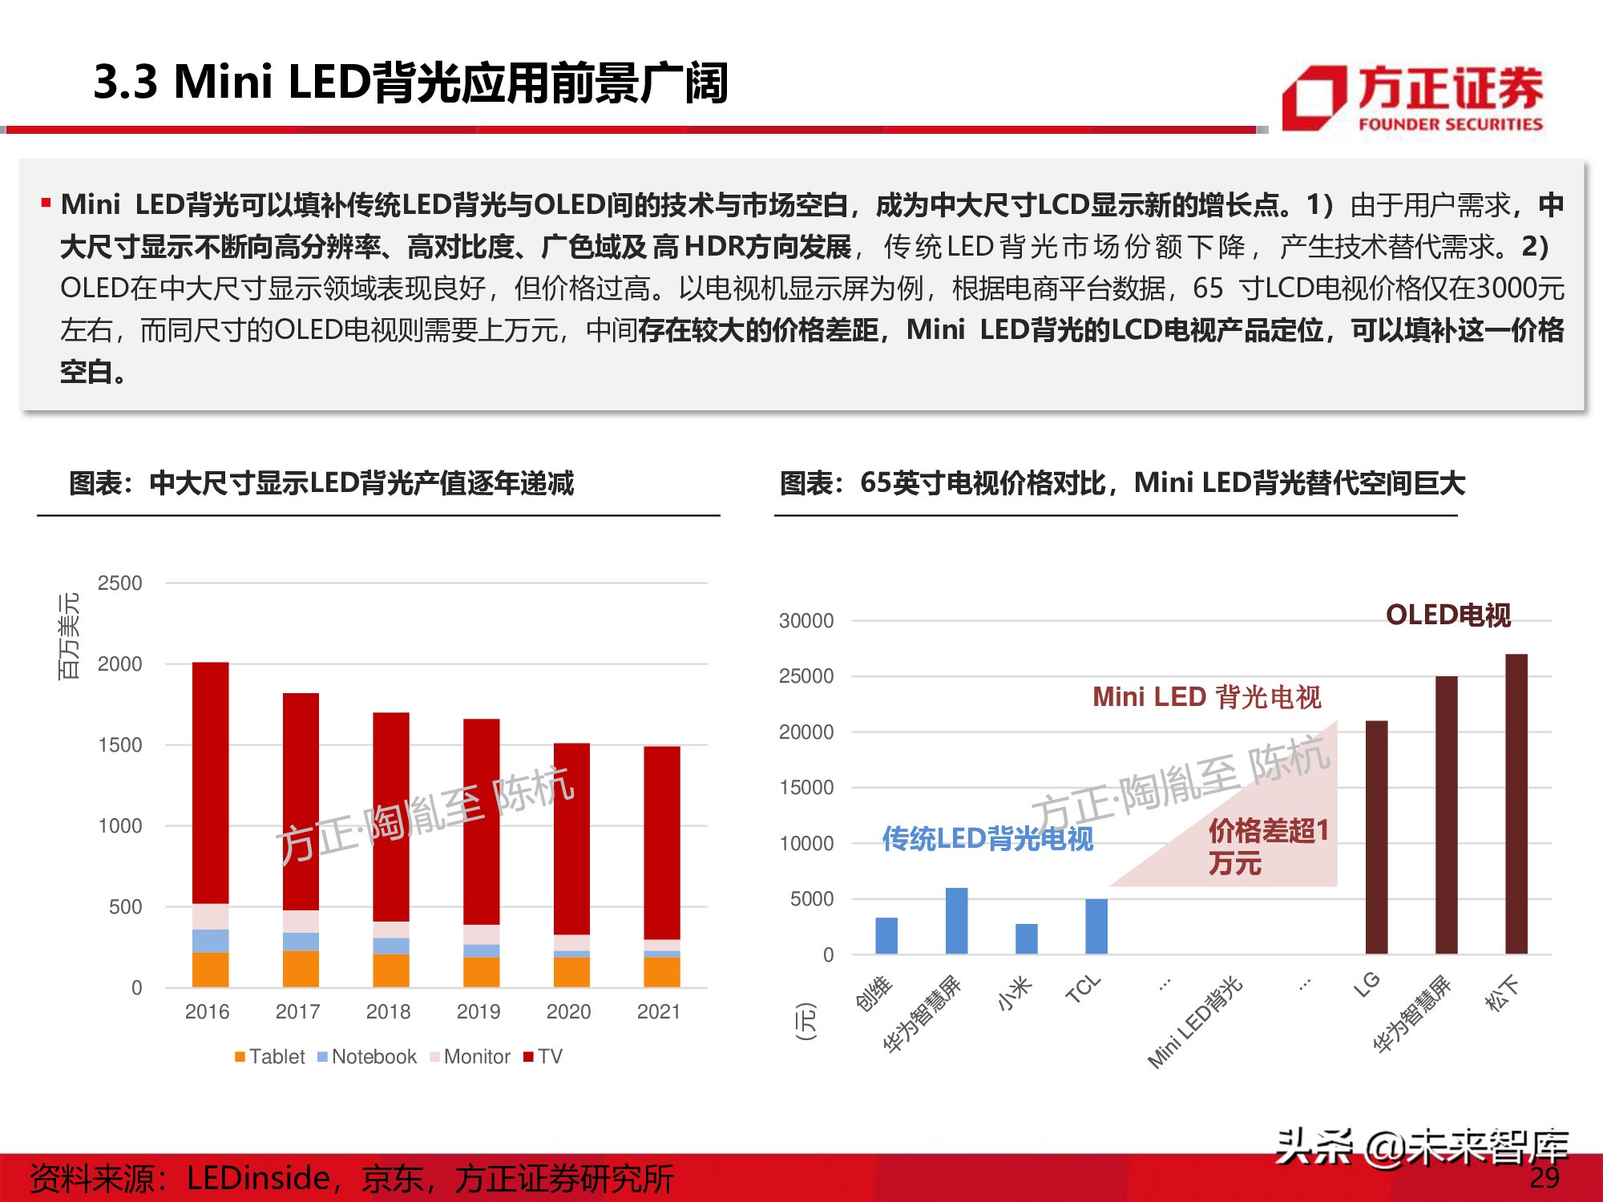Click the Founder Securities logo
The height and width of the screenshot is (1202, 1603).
[1412, 99]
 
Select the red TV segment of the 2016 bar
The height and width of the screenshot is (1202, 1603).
[210, 782]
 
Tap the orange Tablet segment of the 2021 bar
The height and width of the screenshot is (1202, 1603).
[661, 971]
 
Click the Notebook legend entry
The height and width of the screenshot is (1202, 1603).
[367, 1057]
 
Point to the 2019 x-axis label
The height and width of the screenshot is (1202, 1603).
[478, 1012]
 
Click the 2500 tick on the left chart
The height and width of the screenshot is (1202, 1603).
[119, 583]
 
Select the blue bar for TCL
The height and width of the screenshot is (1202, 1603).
[1096, 926]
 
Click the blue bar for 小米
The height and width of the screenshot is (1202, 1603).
[1026, 938]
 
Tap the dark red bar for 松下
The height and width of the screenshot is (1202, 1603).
[1516, 804]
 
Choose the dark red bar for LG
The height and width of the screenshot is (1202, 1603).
[1376, 837]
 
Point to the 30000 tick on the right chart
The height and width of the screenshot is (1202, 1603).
[806, 621]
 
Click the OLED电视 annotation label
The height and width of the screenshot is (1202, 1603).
[1448, 615]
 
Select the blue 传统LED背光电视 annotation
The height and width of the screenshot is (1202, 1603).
[987, 839]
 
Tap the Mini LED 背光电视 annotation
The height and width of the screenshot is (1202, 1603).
[1206, 697]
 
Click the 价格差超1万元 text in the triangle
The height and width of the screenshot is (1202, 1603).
[1266, 846]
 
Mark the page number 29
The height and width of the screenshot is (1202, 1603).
[1544, 1177]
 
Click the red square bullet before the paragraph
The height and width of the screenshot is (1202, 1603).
[46, 204]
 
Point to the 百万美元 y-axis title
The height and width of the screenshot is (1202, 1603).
[69, 636]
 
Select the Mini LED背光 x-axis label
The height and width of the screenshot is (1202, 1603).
[1194, 1023]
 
